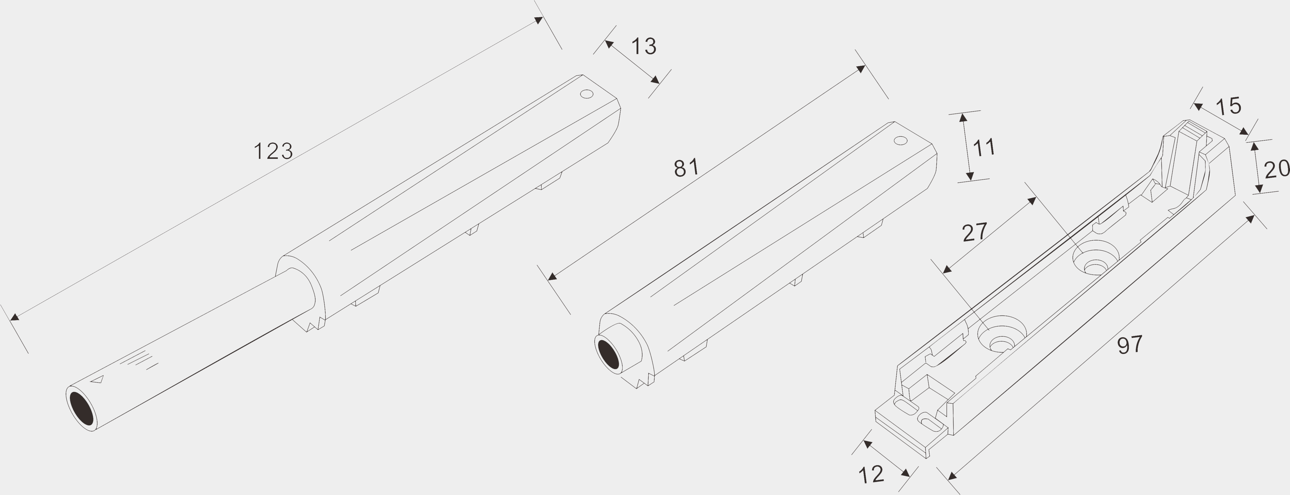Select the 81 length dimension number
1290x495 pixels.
click(x=686, y=168)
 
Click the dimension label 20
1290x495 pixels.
click(x=1277, y=170)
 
